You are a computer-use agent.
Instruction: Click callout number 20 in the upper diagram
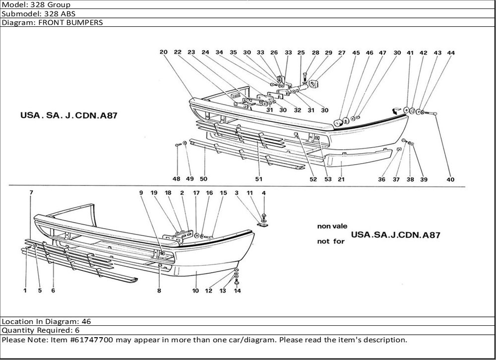(163, 52)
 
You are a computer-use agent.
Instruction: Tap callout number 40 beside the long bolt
(450, 180)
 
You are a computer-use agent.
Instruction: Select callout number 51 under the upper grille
(259, 179)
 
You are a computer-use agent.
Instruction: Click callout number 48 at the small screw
(177, 179)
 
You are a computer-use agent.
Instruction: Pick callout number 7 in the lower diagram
(31, 192)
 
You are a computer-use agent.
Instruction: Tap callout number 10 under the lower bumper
(195, 291)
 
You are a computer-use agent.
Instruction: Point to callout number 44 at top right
(450, 53)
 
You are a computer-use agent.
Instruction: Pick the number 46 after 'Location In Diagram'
(86, 321)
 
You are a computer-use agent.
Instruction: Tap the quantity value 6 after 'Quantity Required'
(77, 330)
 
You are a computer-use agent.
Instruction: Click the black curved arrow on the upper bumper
(397, 111)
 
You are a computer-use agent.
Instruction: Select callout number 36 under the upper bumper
(381, 180)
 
